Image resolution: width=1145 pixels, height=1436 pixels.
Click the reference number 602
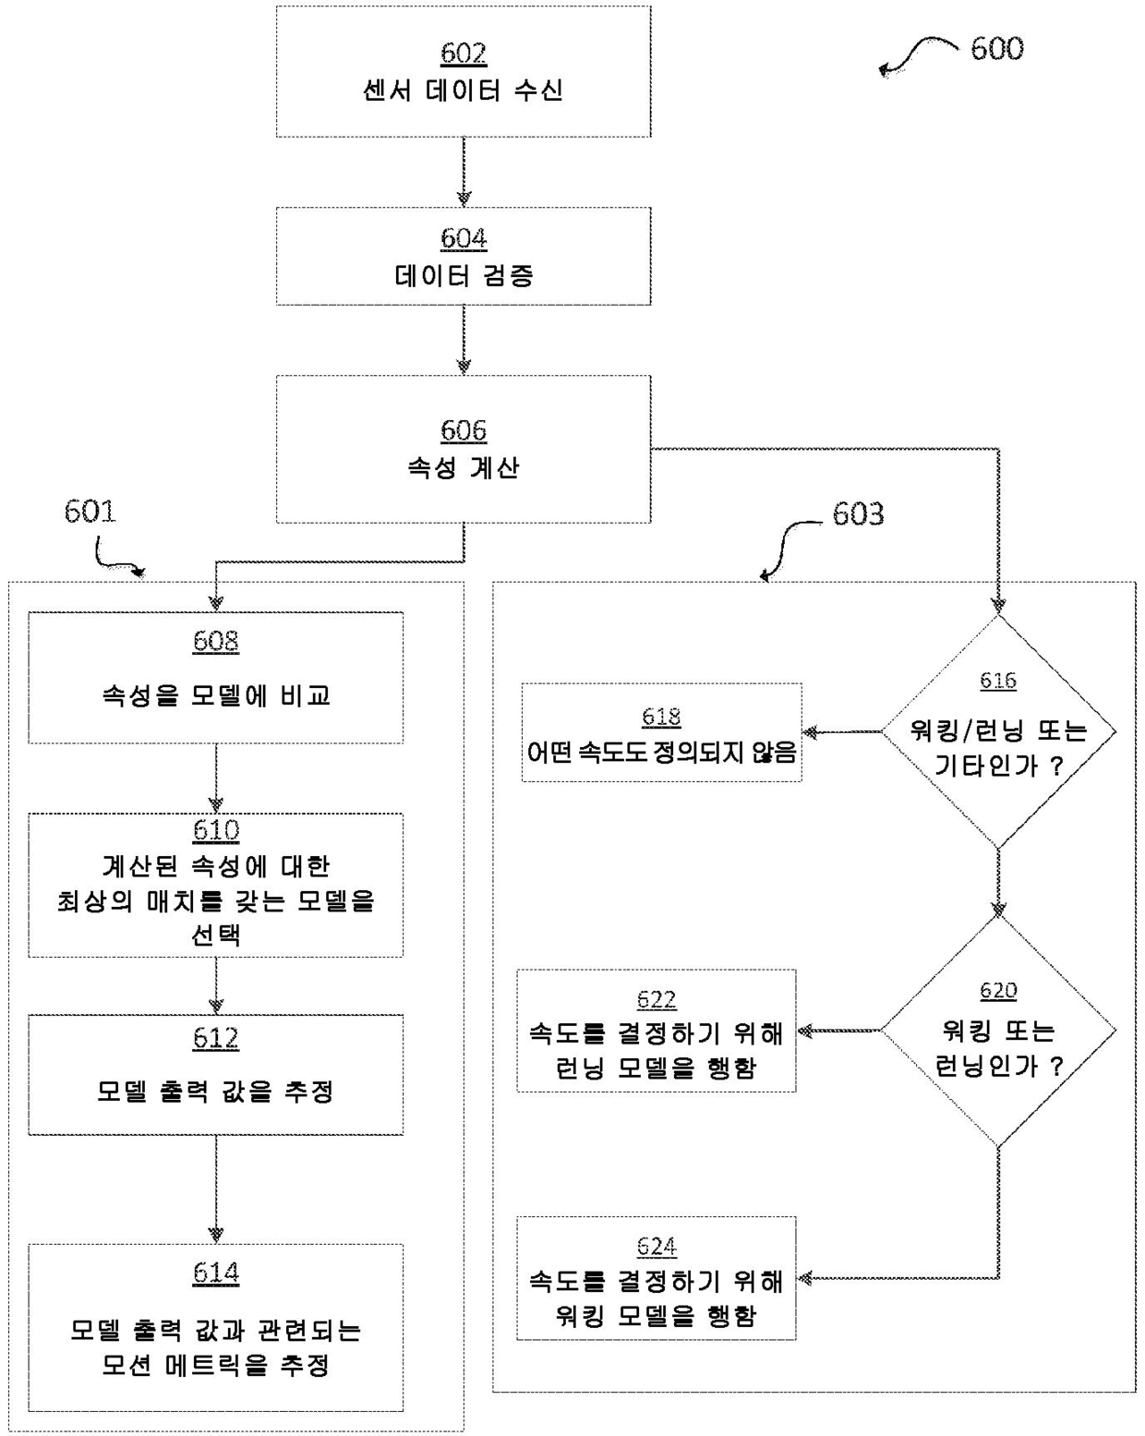464,54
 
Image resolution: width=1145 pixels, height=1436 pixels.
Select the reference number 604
464,238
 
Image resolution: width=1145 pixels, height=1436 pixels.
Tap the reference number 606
464,430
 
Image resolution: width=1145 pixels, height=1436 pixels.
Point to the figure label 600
997,49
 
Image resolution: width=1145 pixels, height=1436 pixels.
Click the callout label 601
90,512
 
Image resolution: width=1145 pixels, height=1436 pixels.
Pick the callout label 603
858,513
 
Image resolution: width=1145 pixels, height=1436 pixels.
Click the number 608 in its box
215,641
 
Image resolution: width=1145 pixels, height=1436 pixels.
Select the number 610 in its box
215,830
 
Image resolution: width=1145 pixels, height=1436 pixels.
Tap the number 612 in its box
215,1038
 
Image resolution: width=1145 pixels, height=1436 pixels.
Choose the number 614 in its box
215,1273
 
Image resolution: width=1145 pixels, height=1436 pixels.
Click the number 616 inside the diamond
998,681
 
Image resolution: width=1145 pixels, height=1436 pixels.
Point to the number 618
661,717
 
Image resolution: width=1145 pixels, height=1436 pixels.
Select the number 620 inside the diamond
998,991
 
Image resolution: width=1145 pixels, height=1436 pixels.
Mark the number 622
657,999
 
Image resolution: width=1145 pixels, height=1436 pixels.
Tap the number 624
657,1247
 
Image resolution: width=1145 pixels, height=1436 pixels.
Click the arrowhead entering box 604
464,199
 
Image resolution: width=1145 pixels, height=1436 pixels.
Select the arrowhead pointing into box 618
810,732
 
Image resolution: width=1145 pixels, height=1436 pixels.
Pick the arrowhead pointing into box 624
805,1278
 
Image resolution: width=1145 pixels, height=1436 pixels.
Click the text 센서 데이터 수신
463,91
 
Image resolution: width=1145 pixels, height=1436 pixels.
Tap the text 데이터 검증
464,275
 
